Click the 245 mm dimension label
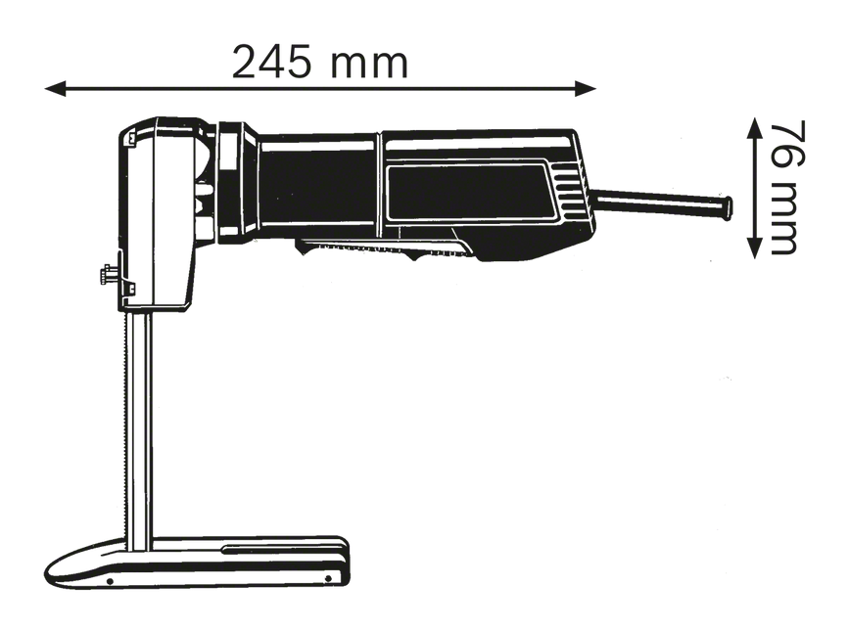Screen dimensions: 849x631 320,63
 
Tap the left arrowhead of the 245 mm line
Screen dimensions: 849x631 55,89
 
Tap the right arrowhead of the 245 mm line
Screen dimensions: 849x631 586,89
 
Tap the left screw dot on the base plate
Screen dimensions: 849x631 110,582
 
